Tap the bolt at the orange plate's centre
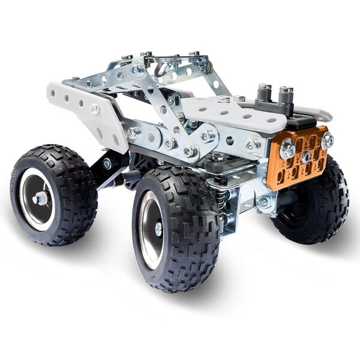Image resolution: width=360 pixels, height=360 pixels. click(x=305, y=156)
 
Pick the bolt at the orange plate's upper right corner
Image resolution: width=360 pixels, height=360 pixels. click(x=327, y=140)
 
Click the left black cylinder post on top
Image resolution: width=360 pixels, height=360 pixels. click(x=265, y=94)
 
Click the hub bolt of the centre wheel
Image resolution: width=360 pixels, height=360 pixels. click(x=158, y=228)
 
